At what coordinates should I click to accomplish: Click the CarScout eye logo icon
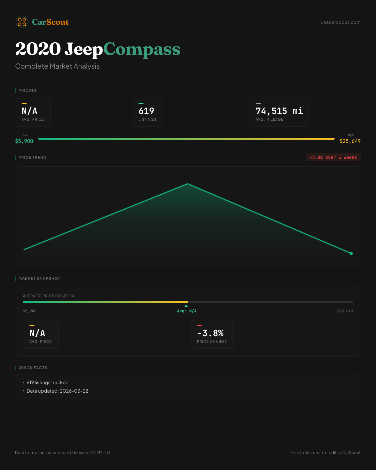tap(22, 22)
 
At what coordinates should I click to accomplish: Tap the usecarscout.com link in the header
tap(341, 22)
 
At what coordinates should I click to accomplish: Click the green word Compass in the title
tap(142, 49)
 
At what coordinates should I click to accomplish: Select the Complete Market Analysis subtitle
tap(57, 66)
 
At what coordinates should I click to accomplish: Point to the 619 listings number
tap(146, 111)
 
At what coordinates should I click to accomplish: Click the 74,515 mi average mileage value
tap(279, 111)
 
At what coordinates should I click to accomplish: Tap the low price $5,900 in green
tap(24, 141)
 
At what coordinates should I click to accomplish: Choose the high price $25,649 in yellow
tap(350, 141)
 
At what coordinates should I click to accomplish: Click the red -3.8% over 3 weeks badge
tap(333, 157)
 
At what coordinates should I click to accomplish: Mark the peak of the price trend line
tap(188, 184)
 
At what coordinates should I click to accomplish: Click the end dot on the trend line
tap(351, 253)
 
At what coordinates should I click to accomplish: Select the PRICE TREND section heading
tap(32, 158)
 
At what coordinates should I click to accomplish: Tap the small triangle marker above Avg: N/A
tap(186, 306)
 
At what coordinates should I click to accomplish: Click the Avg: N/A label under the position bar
tap(187, 311)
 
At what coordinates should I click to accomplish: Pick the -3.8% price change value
tap(211, 333)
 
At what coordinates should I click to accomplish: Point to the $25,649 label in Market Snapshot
tap(345, 311)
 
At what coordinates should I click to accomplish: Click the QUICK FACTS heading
tap(33, 368)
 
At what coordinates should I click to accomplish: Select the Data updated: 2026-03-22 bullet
tap(57, 391)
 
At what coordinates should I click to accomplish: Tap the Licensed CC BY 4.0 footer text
tap(91, 452)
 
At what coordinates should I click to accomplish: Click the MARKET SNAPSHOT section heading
tap(39, 279)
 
